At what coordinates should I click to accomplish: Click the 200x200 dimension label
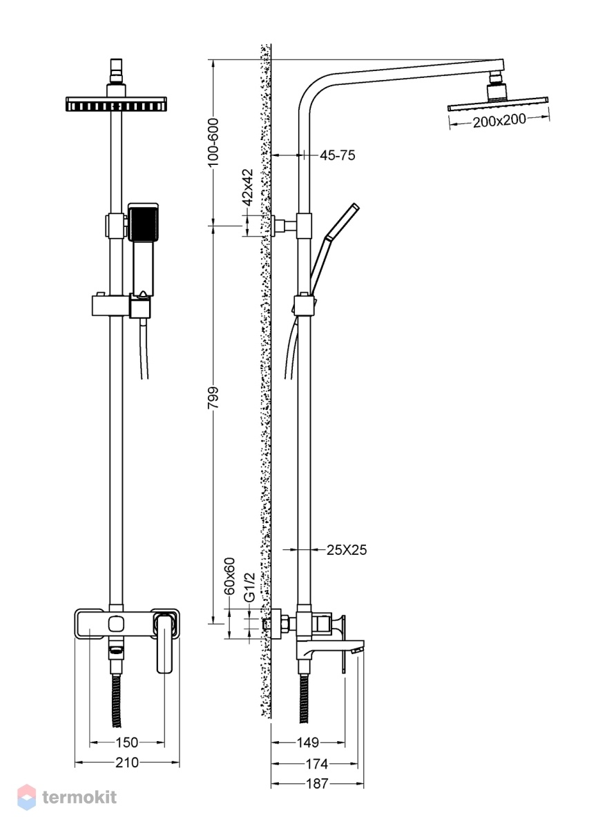click(499, 121)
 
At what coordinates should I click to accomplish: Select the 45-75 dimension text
click(337, 155)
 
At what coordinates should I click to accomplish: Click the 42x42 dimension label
click(247, 188)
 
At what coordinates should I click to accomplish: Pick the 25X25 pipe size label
click(347, 549)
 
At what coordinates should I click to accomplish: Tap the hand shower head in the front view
click(142, 222)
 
